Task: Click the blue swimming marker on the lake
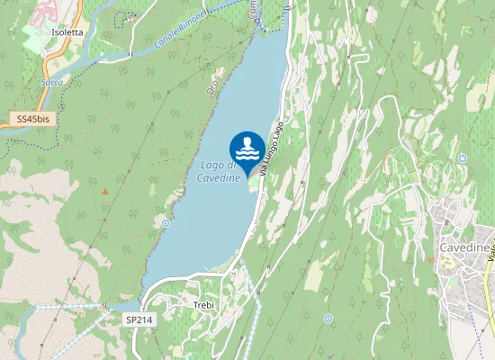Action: click(x=247, y=148)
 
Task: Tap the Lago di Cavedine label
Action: click(x=220, y=171)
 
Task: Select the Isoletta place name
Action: click(x=67, y=31)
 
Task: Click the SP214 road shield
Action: click(x=138, y=319)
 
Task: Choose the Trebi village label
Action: click(x=203, y=306)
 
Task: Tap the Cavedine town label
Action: click(x=464, y=247)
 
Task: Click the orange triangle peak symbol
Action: click(x=105, y=191)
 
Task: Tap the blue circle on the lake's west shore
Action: click(x=166, y=222)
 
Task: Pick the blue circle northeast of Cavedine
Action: click(x=462, y=158)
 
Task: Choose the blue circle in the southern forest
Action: click(x=328, y=319)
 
